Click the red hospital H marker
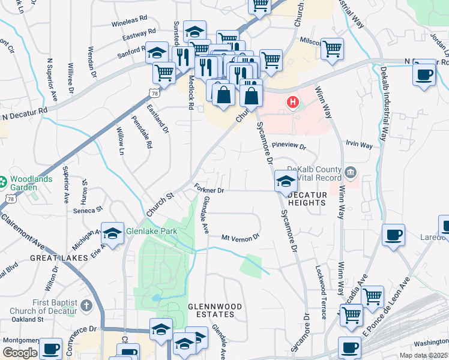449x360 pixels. (x=293, y=102)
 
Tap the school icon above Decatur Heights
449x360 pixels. (x=286, y=181)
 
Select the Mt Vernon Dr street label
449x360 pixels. (x=240, y=237)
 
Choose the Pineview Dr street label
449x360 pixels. (x=289, y=146)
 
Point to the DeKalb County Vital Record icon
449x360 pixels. (x=351, y=173)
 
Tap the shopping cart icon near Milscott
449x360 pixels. (x=332, y=49)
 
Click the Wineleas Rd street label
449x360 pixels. (x=129, y=22)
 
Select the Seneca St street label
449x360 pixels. (x=88, y=210)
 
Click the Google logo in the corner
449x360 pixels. (x=20, y=352)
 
